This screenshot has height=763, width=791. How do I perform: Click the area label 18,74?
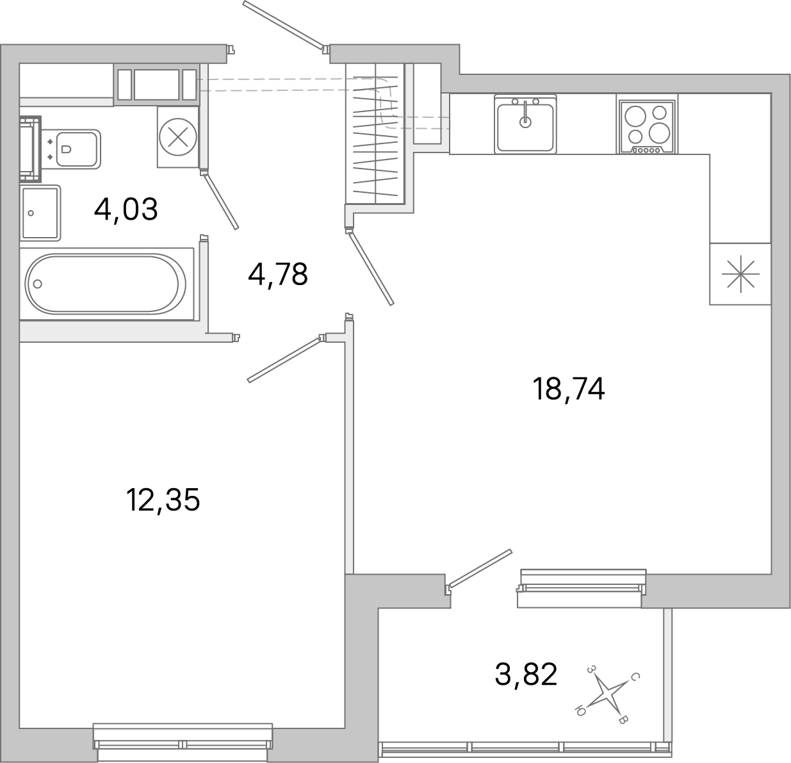(568, 389)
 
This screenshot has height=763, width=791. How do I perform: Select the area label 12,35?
(163, 500)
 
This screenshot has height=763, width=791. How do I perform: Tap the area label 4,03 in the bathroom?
(126, 209)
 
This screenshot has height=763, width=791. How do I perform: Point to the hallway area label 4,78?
(278, 275)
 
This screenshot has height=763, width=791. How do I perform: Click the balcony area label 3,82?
(526, 675)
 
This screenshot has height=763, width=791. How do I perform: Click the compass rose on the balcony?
(606, 694)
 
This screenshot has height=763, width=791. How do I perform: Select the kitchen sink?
(525, 123)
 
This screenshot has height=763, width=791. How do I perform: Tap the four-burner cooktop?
(646, 124)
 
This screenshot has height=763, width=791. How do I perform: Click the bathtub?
(106, 284)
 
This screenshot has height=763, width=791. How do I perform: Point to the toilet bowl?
(75, 149)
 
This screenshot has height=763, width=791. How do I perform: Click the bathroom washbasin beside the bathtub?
(40, 213)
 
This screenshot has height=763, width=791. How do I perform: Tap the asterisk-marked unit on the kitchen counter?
(740, 274)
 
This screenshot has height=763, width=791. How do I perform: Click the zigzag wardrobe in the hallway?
(375, 134)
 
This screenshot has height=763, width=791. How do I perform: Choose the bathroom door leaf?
(222, 200)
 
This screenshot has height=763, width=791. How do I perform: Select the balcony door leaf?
(480, 568)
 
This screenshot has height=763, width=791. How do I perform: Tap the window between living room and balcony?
(581, 587)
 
